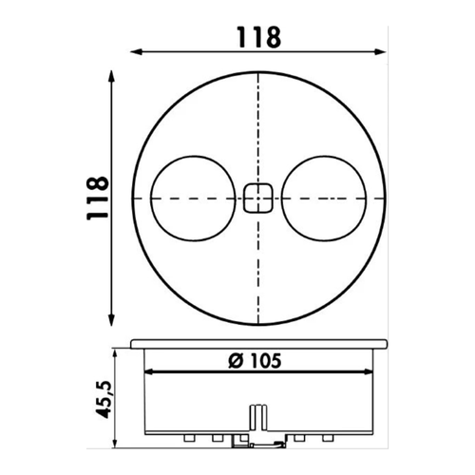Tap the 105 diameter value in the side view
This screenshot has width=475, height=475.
265,360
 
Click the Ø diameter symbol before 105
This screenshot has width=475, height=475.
235,360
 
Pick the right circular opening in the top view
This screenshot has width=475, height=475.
326,198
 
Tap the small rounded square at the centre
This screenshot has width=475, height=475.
256,198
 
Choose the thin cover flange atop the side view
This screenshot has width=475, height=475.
256,341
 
